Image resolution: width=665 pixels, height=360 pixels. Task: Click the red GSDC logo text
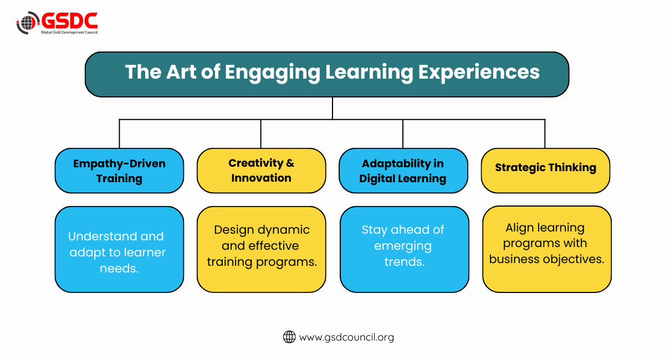(x=69, y=20)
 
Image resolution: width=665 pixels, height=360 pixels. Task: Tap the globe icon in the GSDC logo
(x=28, y=23)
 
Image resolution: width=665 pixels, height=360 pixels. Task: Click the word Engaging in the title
(x=273, y=73)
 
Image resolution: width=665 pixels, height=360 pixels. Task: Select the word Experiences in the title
(x=479, y=73)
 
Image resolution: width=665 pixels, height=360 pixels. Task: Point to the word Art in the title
(x=181, y=72)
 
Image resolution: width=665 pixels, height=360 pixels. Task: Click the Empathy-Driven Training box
(x=119, y=171)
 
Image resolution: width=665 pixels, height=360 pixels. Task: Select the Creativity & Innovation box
(x=261, y=171)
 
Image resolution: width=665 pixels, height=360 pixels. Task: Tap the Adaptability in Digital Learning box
(x=403, y=171)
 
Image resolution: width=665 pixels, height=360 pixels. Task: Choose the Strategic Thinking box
(x=545, y=171)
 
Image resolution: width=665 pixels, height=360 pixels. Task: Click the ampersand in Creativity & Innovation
(x=290, y=163)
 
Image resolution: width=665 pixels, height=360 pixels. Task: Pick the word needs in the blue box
(x=119, y=268)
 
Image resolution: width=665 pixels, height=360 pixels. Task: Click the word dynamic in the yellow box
(x=284, y=230)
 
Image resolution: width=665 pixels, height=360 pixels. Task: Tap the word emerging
(x=403, y=246)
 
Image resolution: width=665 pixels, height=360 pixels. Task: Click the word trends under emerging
(x=405, y=262)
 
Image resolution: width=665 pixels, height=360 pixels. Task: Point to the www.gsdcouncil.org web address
(x=346, y=337)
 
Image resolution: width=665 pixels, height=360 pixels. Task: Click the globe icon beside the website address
(x=289, y=337)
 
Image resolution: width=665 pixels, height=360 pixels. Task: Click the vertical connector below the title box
(x=332, y=108)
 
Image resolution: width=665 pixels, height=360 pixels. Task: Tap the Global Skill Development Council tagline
(x=69, y=32)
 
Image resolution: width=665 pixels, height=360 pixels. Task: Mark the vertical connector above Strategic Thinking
(x=545, y=134)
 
